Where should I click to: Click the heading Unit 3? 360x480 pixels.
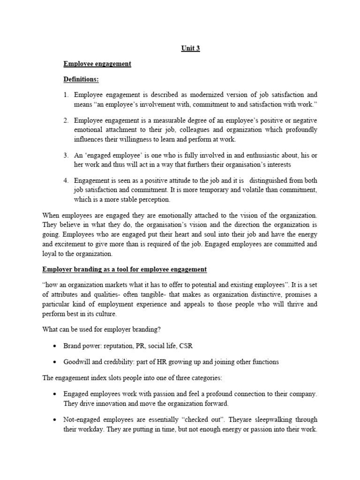coord(190,48)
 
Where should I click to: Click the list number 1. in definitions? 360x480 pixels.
coord(66,94)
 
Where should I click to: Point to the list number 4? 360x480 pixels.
coord(66,180)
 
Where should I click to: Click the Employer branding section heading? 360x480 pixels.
coord(124,270)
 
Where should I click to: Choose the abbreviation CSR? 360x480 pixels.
coord(186,346)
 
